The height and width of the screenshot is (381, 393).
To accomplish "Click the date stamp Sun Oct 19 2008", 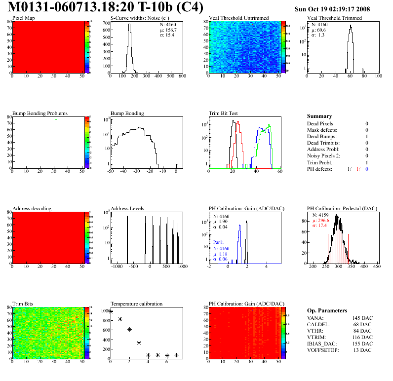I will coord(332,9).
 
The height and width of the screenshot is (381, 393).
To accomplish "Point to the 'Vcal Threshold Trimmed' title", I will coord(334,18).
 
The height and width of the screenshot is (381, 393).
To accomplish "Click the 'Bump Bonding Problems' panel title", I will coord(39,113).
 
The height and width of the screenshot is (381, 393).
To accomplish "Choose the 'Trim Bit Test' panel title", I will coord(224,113).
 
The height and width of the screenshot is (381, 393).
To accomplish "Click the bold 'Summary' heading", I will coord(319,116).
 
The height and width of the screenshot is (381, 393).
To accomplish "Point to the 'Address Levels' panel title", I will coord(127,208).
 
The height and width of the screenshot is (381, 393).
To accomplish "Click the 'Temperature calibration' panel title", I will coord(136,304).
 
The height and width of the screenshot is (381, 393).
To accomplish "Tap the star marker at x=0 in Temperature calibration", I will coord(111,311).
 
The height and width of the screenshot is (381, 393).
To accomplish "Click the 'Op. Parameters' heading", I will coord(327,310).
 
